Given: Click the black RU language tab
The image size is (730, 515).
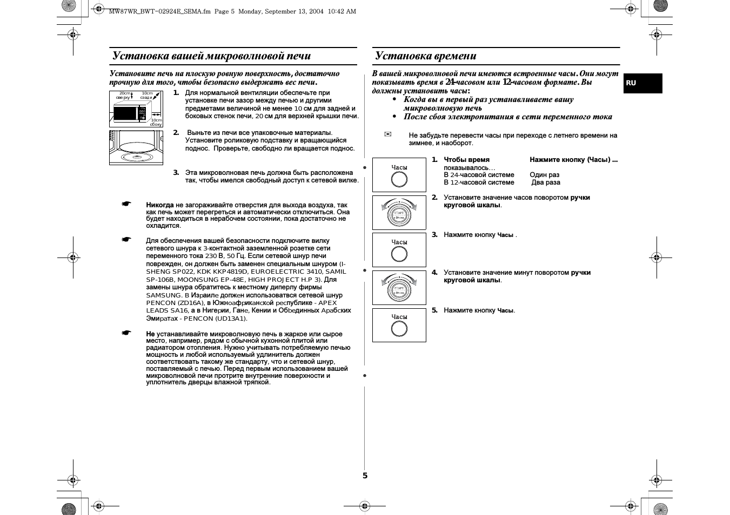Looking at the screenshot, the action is tap(642, 83).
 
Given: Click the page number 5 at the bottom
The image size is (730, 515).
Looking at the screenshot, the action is tap(365, 476).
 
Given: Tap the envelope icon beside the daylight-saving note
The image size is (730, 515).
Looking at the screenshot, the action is tap(388, 134).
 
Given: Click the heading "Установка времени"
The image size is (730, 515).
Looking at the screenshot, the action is tap(426, 56).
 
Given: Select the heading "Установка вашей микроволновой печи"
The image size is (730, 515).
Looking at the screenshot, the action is tap(211, 56).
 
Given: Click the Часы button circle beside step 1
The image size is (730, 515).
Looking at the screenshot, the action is tap(399, 179).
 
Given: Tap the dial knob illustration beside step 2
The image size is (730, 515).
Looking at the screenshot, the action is tap(399, 213).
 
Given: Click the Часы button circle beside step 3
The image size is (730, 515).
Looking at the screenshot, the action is tap(399, 254).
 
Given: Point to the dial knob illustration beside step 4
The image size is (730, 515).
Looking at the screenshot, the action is tap(399, 288).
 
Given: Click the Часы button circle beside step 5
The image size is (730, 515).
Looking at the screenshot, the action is tap(399, 329).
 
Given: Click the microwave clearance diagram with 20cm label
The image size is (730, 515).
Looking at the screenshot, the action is tap(136, 109).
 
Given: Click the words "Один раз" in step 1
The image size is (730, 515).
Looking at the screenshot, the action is tap(544, 175).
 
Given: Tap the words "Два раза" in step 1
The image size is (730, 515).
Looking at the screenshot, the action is tap(546, 182).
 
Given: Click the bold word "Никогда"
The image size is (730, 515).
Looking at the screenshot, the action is tap(160, 205).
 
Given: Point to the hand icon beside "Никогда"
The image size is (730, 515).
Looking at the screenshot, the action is tap(126, 204).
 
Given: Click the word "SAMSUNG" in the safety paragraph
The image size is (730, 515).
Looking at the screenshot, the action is tap(164, 295).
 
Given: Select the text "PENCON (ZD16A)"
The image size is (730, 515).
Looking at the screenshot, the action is tap(175, 303).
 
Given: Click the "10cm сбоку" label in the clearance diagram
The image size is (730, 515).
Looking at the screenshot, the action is tap(156, 122).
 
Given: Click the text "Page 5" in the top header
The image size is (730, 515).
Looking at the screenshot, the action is tap(224, 11).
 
